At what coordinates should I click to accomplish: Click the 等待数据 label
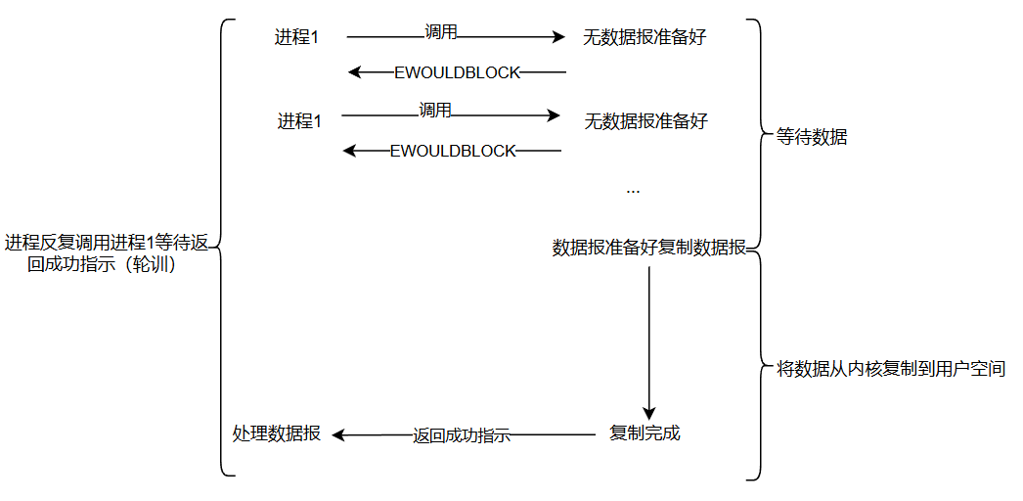pyautogui.click(x=811, y=138)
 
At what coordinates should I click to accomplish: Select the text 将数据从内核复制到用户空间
pyautogui.click(x=890, y=369)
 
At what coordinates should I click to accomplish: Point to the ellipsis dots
pyautogui.click(x=633, y=190)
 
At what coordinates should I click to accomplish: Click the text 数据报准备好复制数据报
pyautogui.click(x=649, y=248)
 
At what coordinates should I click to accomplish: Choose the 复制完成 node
pyautogui.click(x=645, y=433)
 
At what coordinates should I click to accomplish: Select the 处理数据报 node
pyautogui.click(x=276, y=433)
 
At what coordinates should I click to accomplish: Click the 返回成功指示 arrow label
pyautogui.click(x=462, y=436)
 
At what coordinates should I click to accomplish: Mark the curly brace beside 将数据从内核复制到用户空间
pyautogui.click(x=756, y=366)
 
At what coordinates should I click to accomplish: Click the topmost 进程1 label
pyautogui.click(x=296, y=37)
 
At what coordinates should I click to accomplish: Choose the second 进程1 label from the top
pyautogui.click(x=299, y=121)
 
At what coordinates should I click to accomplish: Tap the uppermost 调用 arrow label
pyautogui.click(x=441, y=31)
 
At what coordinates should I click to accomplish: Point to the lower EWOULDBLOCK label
pyautogui.click(x=452, y=151)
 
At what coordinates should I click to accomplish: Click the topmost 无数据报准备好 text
pyautogui.click(x=645, y=37)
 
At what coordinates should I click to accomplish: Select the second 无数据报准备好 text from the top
pyautogui.click(x=645, y=121)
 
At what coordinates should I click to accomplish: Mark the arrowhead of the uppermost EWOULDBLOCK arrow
pyautogui.click(x=356, y=71)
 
